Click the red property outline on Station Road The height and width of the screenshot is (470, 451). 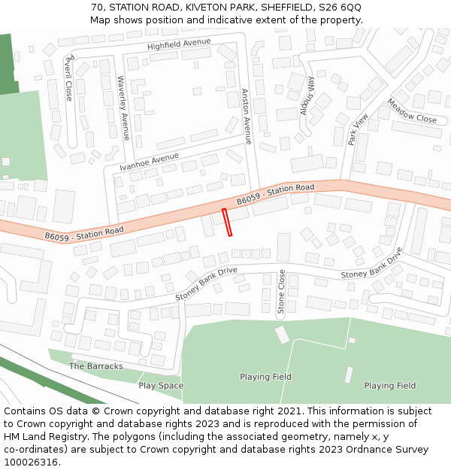(227, 223)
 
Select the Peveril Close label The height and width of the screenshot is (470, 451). (68, 77)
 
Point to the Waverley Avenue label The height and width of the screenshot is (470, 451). (124, 108)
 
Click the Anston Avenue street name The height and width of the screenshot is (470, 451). (246, 116)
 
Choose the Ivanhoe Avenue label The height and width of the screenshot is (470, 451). (149, 162)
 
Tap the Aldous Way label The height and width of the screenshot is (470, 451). (307, 95)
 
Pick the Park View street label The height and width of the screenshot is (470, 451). (358, 129)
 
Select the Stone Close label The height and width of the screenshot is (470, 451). (281, 292)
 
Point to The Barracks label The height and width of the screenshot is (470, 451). (95, 366)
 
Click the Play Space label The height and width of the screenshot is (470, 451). (160, 386)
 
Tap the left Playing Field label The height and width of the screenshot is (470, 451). (265, 377)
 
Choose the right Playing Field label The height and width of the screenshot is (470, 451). (389, 386)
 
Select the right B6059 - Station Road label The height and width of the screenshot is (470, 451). (275, 194)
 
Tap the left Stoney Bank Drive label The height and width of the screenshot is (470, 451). (206, 284)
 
